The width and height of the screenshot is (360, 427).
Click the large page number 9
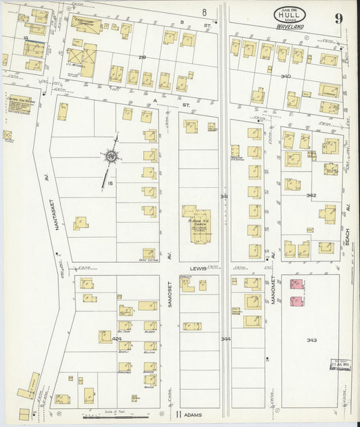click(x=338, y=19)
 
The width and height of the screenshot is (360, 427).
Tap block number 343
click(x=311, y=339)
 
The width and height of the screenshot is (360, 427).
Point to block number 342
click(x=311, y=195)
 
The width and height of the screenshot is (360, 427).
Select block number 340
click(x=286, y=76)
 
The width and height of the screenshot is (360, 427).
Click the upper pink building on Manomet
click(x=295, y=285)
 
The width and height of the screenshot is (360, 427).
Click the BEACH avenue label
click(x=349, y=236)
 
